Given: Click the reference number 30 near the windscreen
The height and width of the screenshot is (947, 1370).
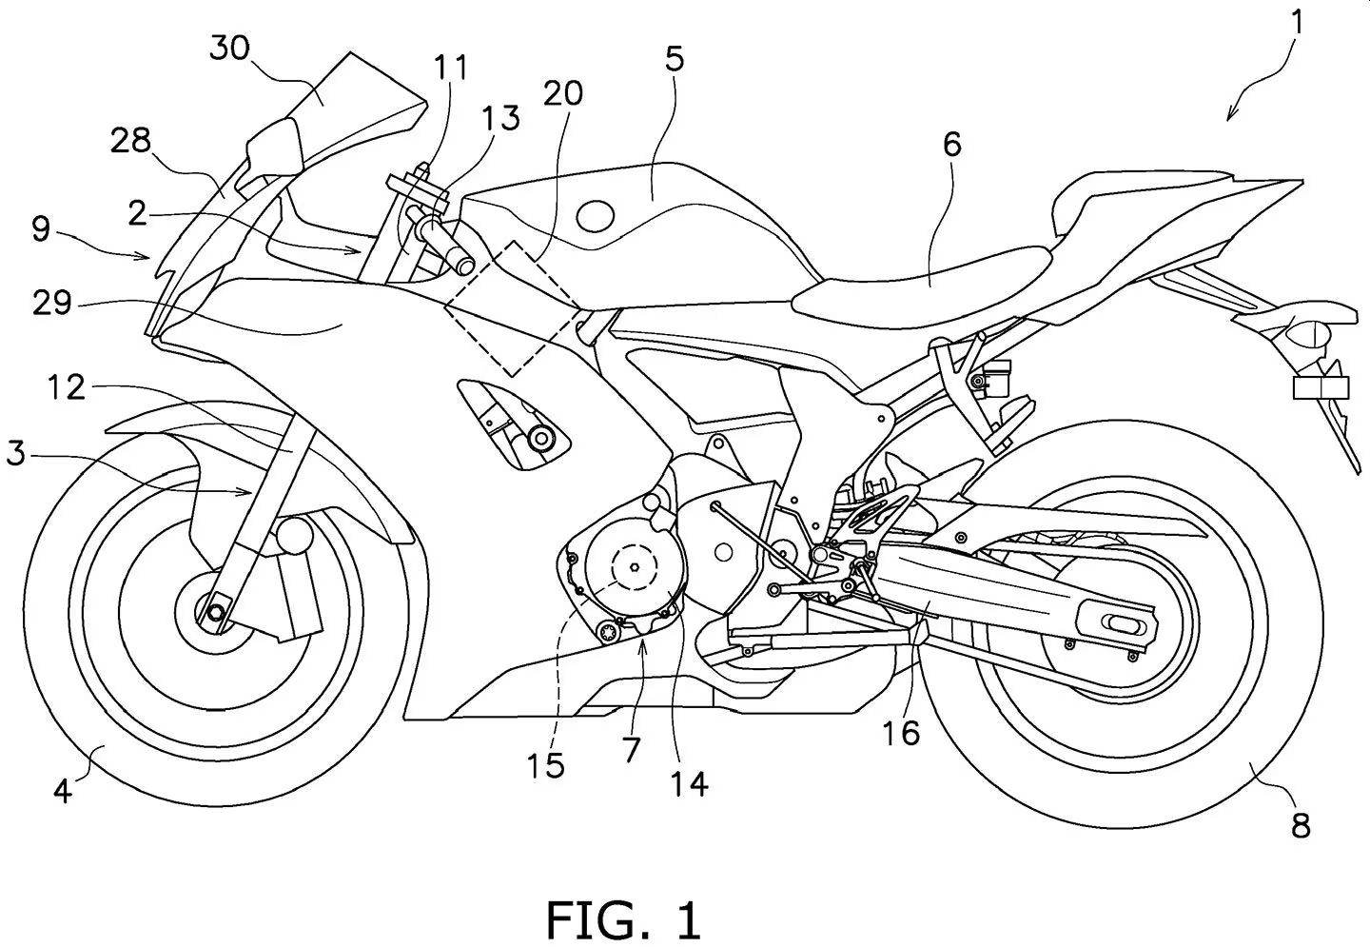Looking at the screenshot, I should tap(230, 49).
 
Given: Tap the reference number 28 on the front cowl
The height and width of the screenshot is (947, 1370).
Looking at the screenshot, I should tap(130, 141).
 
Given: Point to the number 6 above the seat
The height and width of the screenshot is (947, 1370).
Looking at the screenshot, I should tap(951, 144).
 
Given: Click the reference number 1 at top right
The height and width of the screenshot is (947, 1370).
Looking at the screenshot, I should tap(1297, 21).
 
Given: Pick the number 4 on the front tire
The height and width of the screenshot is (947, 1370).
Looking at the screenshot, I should tap(62, 791).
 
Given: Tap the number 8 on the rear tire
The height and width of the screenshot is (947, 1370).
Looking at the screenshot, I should tap(1301, 824).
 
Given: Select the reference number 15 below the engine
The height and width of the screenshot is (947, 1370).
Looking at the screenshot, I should tap(547, 764).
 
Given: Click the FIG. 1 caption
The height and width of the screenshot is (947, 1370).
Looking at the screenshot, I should tap(623, 919).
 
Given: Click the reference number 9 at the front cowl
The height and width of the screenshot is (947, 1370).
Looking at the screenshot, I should tap(41, 229).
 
